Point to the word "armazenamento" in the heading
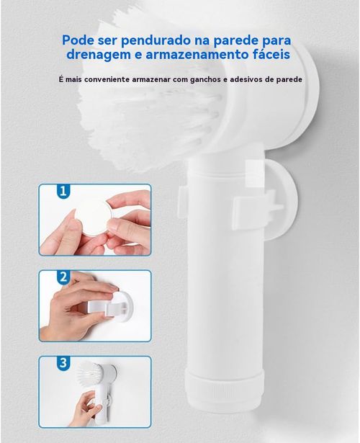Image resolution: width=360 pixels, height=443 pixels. pyautogui.click(x=207, y=56)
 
